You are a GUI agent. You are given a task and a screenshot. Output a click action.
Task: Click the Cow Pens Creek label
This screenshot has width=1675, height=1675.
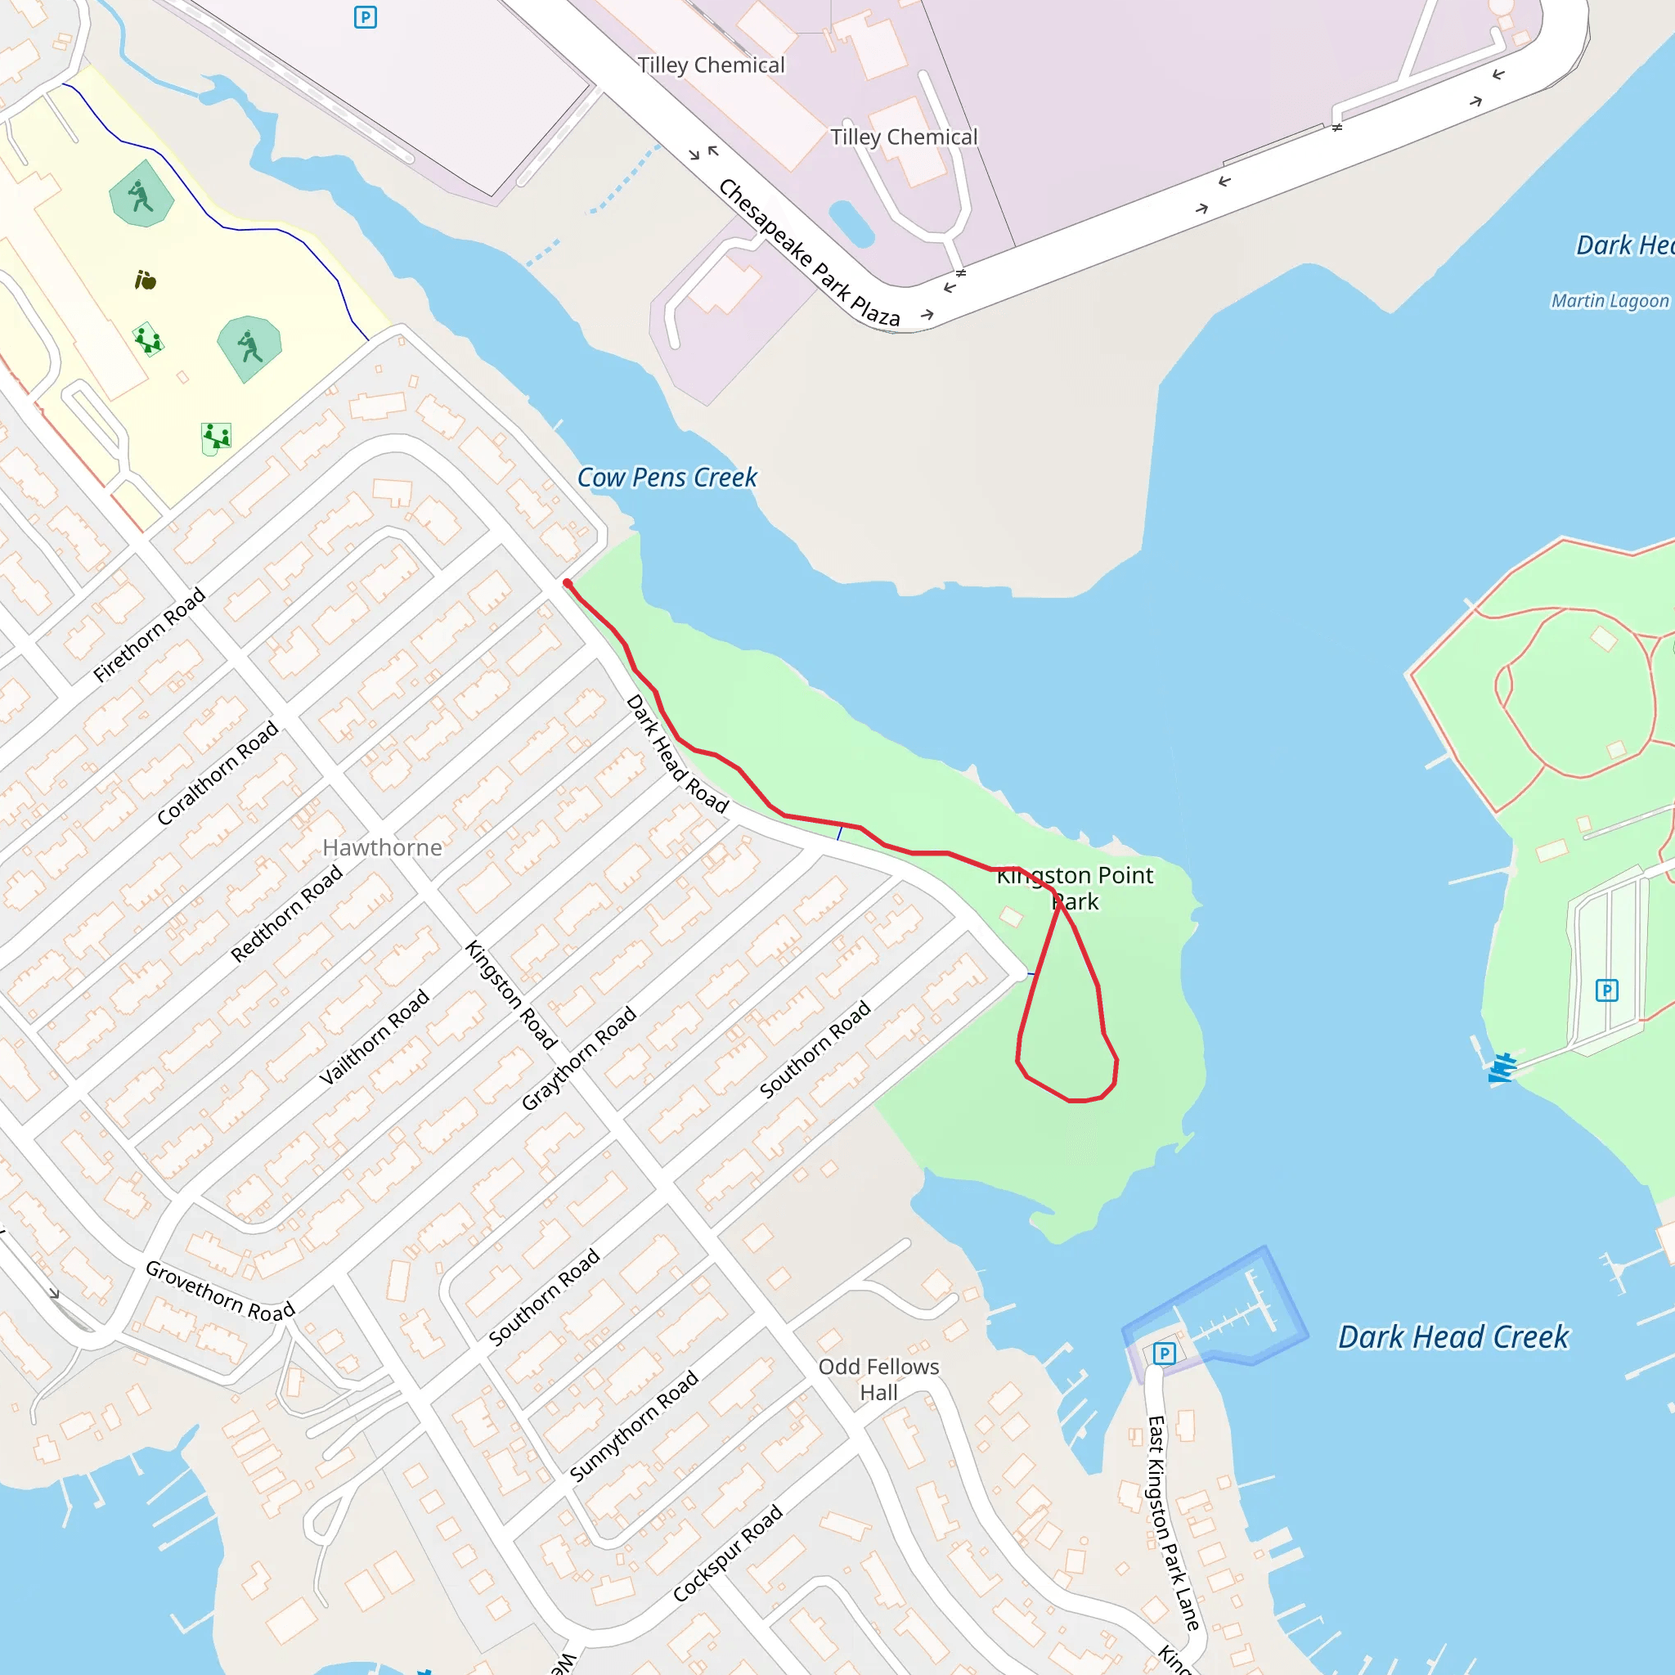pyautogui.click(x=667, y=478)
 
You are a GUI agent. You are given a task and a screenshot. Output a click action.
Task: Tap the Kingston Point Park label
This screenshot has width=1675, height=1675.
pyautogui.click(x=1075, y=887)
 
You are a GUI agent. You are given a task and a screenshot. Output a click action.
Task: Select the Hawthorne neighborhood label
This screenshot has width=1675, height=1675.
pyautogui.click(x=382, y=847)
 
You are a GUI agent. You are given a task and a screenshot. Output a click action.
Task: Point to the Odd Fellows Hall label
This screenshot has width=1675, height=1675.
pyautogui.click(x=878, y=1378)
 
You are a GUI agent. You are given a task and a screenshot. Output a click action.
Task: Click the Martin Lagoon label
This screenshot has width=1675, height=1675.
pyautogui.click(x=1609, y=301)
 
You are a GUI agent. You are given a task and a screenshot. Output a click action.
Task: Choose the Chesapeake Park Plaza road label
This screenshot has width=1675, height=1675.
pyautogui.click(x=809, y=254)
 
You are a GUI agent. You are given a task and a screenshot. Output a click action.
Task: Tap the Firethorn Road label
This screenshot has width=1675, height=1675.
pyautogui.click(x=149, y=635)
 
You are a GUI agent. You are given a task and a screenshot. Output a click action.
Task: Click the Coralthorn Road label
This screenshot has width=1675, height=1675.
pyautogui.click(x=218, y=772)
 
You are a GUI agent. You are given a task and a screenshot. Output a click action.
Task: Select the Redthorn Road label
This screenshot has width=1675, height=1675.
pyautogui.click(x=286, y=914)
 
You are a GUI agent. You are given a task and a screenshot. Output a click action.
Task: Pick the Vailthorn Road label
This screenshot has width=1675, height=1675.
pyautogui.click(x=374, y=1037)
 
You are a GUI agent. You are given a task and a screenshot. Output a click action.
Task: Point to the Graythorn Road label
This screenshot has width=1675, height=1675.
pyautogui.click(x=578, y=1058)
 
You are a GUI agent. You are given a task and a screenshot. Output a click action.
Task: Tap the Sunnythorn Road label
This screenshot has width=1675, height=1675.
pyautogui.click(x=634, y=1426)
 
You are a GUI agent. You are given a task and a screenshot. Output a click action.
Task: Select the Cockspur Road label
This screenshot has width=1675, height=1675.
pyautogui.click(x=727, y=1553)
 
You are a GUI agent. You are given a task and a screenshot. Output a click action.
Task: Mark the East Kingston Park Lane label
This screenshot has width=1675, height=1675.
pyautogui.click(x=1171, y=1522)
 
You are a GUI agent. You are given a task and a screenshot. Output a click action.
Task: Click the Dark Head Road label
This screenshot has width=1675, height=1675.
pyautogui.click(x=677, y=753)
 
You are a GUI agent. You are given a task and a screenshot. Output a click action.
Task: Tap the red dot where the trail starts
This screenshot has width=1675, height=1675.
pyautogui.click(x=567, y=583)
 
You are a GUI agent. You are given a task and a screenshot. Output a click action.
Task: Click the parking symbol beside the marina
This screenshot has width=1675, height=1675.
pyautogui.click(x=1164, y=1353)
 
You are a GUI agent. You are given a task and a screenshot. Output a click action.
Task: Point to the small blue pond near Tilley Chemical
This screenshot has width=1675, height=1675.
pyautogui.click(x=851, y=223)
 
